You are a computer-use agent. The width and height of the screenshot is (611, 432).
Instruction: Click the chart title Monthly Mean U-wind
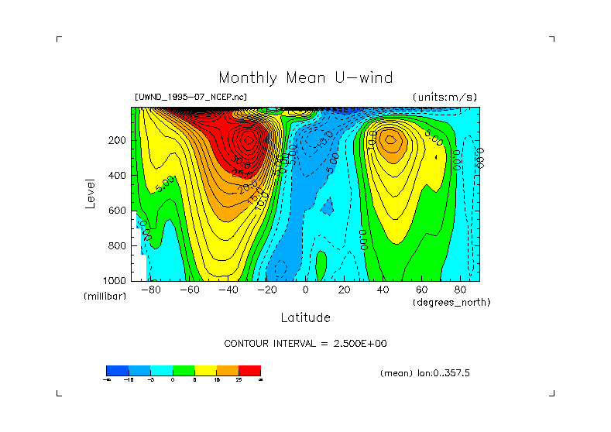[x=305, y=77]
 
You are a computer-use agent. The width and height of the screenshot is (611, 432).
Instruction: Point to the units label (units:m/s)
[x=445, y=97]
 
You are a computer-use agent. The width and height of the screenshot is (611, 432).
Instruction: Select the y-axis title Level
[x=91, y=192]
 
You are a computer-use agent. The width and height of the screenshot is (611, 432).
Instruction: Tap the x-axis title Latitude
[x=305, y=317]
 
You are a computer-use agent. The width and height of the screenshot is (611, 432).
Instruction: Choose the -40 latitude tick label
[x=228, y=290]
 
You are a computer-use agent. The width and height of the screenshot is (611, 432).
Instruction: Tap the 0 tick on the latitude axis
[x=306, y=290]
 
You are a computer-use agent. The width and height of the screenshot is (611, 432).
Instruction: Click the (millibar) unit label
[x=105, y=297]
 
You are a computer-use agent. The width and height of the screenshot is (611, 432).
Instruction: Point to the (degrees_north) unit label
[x=451, y=302]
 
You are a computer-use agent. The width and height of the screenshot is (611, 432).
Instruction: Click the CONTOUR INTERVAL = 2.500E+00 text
[x=305, y=343]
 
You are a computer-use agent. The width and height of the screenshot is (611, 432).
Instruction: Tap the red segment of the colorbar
[x=249, y=370]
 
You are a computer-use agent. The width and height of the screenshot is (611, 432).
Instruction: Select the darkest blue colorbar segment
[x=117, y=370]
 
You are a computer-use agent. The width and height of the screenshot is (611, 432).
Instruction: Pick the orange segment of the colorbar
[x=228, y=370]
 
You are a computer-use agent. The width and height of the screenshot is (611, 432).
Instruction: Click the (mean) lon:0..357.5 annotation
[x=425, y=373]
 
